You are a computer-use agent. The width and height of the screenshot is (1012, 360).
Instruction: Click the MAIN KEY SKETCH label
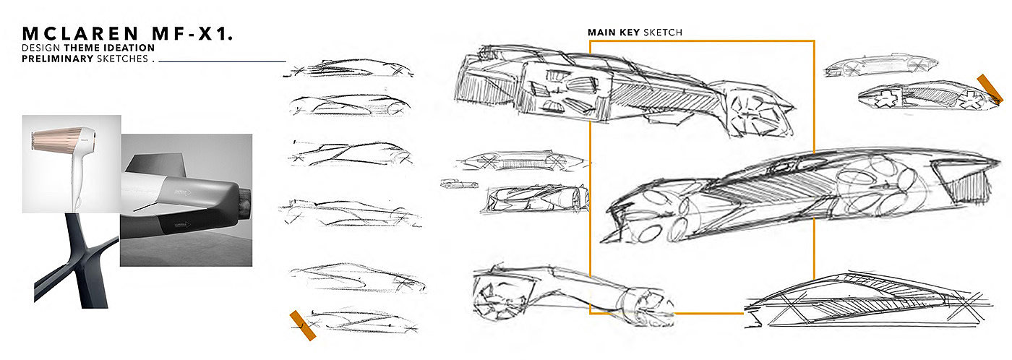click(635, 33)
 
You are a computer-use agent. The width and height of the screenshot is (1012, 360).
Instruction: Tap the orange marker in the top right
click(988, 87)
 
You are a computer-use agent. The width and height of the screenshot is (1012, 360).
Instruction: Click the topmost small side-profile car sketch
click(351, 70)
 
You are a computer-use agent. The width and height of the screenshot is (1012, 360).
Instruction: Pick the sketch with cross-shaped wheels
click(918, 99)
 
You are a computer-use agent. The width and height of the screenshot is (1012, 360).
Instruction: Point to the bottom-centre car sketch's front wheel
click(492, 298)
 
